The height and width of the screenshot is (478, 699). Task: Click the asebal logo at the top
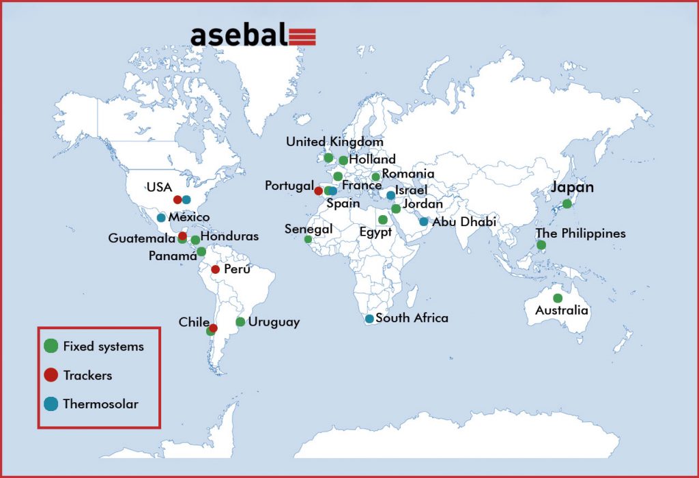(x=253, y=36)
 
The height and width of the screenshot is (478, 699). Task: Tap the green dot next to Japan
(x=567, y=203)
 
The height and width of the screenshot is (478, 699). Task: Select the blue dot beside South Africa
(x=369, y=319)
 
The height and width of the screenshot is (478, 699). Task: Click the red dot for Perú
(x=215, y=269)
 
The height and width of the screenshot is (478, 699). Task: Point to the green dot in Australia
(x=558, y=298)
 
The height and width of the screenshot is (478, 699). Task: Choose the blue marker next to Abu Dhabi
(x=423, y=222)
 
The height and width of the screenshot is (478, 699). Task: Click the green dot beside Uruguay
(x=240, y=322)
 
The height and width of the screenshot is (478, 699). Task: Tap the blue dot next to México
(x=161, y=218)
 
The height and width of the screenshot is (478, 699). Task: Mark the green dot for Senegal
(x=308, y=240)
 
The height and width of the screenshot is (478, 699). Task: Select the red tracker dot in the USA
(x=177, y=200)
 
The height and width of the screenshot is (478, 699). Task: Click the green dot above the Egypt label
(x=382, y=219)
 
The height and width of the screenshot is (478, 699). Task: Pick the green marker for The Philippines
(x=541, y=244)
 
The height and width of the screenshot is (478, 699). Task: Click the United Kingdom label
(x=334, y=142)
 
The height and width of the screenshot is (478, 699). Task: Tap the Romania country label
(x=408, y=173)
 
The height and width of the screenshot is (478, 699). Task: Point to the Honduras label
(x=229, y=236)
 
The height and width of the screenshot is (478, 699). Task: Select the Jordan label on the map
(x=423, y=203)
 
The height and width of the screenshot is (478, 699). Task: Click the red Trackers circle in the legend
(x=51, y=375)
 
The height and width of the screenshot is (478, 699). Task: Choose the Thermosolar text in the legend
(x=101, y=404)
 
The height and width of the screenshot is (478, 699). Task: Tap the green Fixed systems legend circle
(x=51, y=346)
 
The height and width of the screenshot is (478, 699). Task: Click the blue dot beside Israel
(x=390, y=195)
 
